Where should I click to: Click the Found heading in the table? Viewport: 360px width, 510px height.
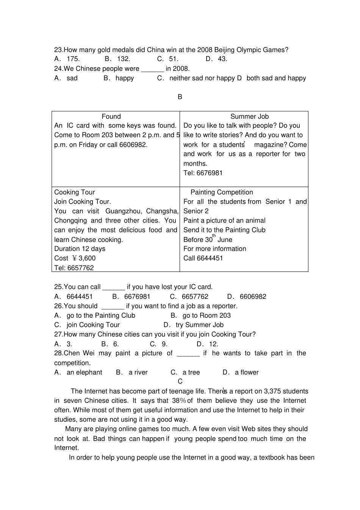[x=111, y=116]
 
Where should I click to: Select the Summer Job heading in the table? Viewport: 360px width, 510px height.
[x=249, y=116]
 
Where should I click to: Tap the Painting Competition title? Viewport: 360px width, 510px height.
[x=222, y=192]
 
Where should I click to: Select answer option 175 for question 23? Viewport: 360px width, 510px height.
[x=73, y=59]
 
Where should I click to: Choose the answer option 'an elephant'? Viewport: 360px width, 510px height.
[x=84, y=372]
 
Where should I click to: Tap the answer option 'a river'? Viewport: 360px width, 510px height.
[x=138, y=372]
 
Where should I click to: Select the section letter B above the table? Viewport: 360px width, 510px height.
[x=180, y=97]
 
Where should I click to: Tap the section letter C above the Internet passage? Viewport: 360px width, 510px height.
[x=180, y=381]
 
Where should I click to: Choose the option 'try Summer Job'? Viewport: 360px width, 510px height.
[x=199, y=325]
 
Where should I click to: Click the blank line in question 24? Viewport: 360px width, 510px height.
[x=152, y=69]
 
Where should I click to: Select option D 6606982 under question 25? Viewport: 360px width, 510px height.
[x=253, y=297]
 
